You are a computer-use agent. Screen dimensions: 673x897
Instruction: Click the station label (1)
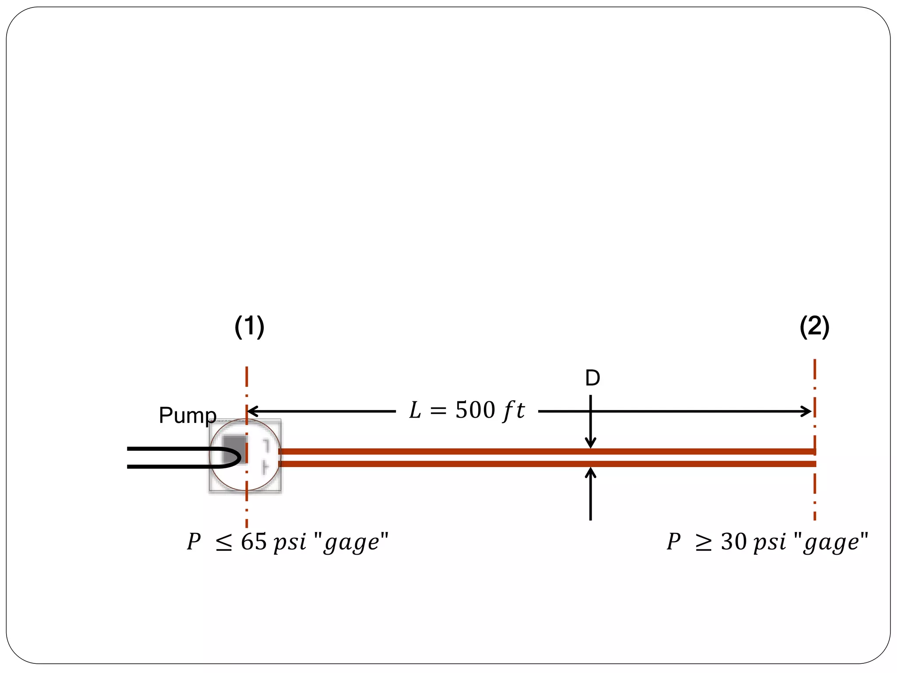(x=249, y=327)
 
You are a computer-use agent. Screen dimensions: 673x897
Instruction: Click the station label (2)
(x=814, y=327)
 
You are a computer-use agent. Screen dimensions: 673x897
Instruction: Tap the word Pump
(x=187, y=415)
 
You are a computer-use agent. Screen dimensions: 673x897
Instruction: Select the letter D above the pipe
(x=592, y=378)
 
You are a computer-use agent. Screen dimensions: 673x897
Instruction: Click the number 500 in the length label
(x=475, y=411)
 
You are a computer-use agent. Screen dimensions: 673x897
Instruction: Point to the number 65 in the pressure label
(x=254, y=542)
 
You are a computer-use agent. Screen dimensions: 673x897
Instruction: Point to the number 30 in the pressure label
(x=734, y=542)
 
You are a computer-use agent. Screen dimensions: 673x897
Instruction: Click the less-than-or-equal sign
(x=224, y=543)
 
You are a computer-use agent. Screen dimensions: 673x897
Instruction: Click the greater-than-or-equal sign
(x=703, y=543)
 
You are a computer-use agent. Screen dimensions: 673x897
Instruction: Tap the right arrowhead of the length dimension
(x=807, y=411)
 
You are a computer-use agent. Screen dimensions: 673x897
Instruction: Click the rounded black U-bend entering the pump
(x=232, y=457)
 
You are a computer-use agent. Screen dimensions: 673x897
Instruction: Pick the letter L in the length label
(x=414, y=411)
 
